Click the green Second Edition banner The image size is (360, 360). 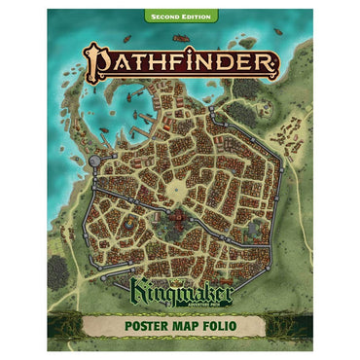pyautogui.click(x=180, y=17)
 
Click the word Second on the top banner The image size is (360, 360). pyautogui.click(x=162, y=17)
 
